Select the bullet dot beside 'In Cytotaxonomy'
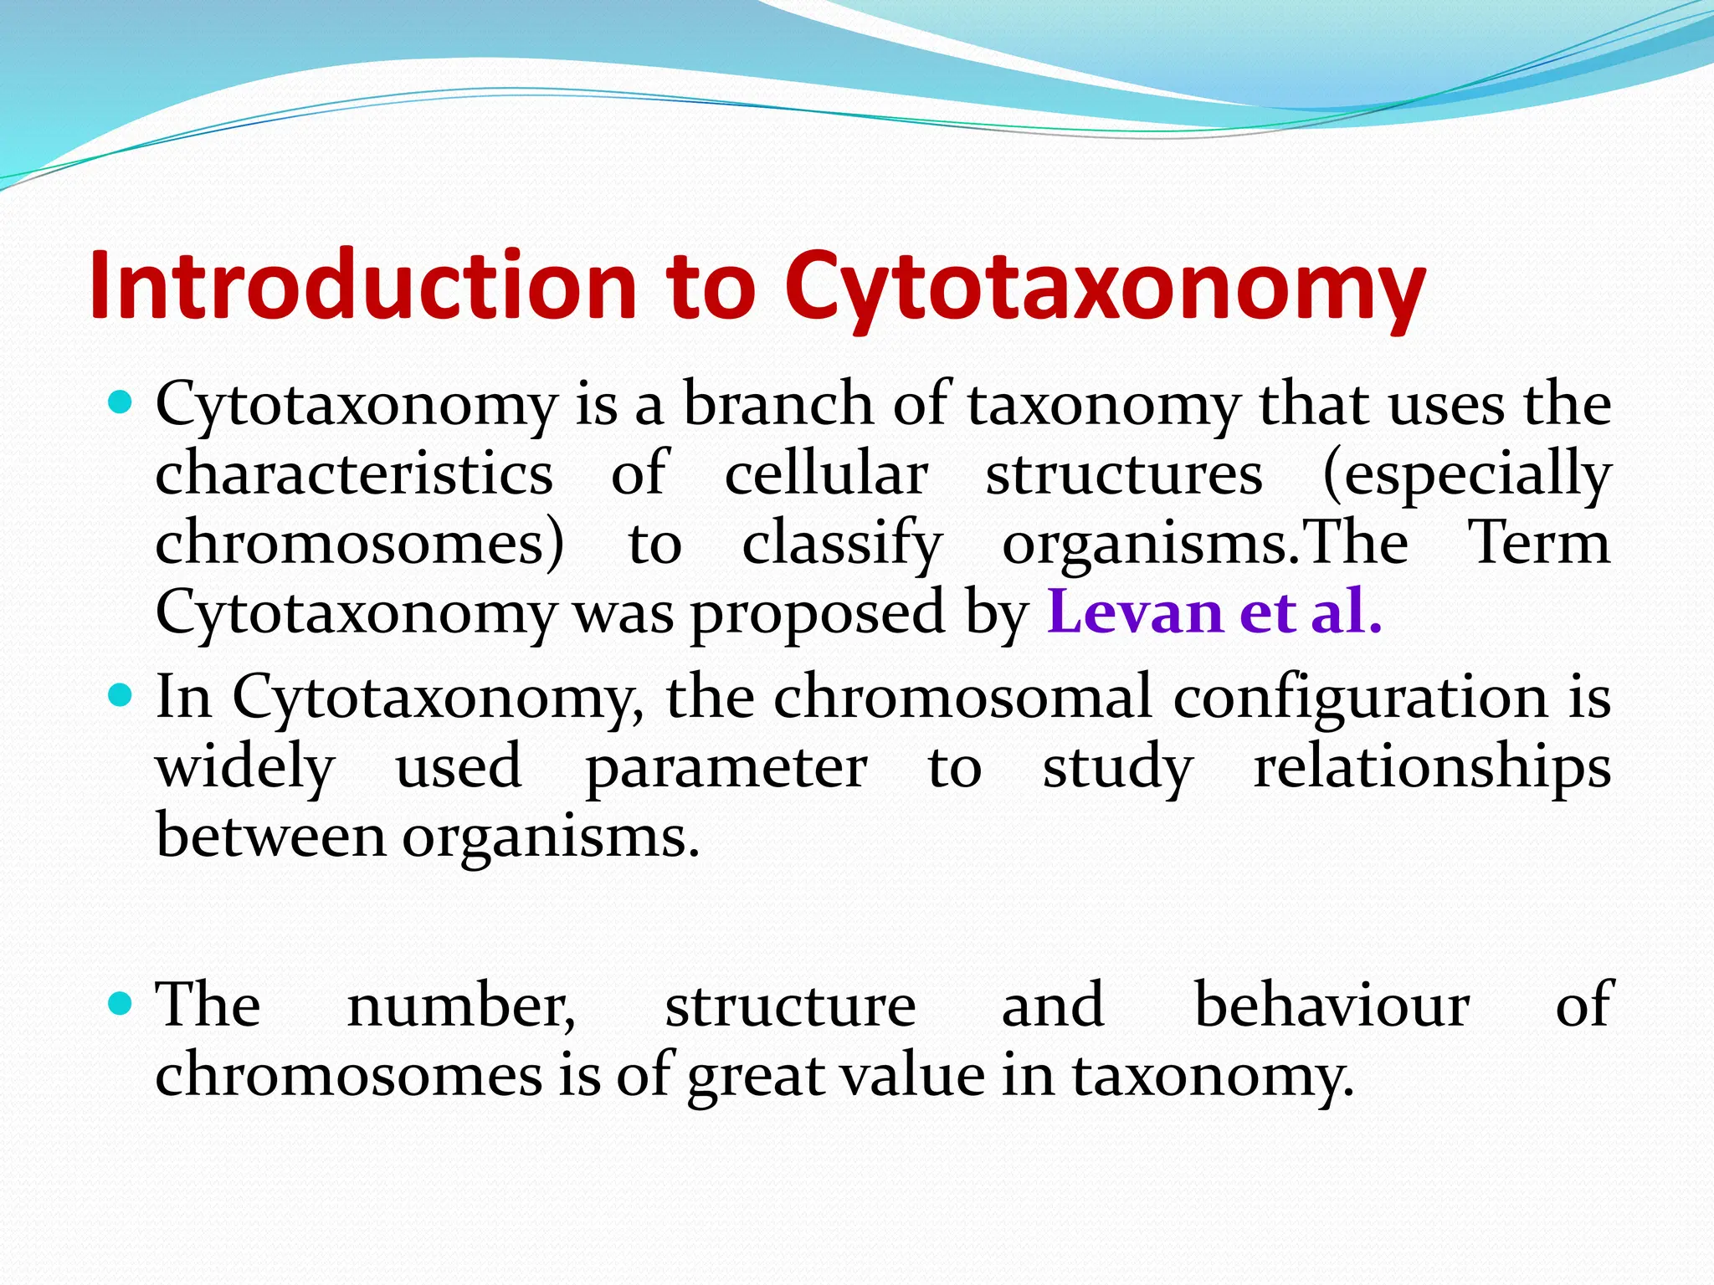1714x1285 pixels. (x=121, y=695)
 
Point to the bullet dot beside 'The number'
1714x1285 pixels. (x=121, y=1003)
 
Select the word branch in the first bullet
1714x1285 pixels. (x=778, y=403)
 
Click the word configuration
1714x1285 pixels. (x=1360, y=697)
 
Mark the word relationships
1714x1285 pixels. (x=1432, y=766)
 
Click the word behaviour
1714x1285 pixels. (x=1332, y=1004)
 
